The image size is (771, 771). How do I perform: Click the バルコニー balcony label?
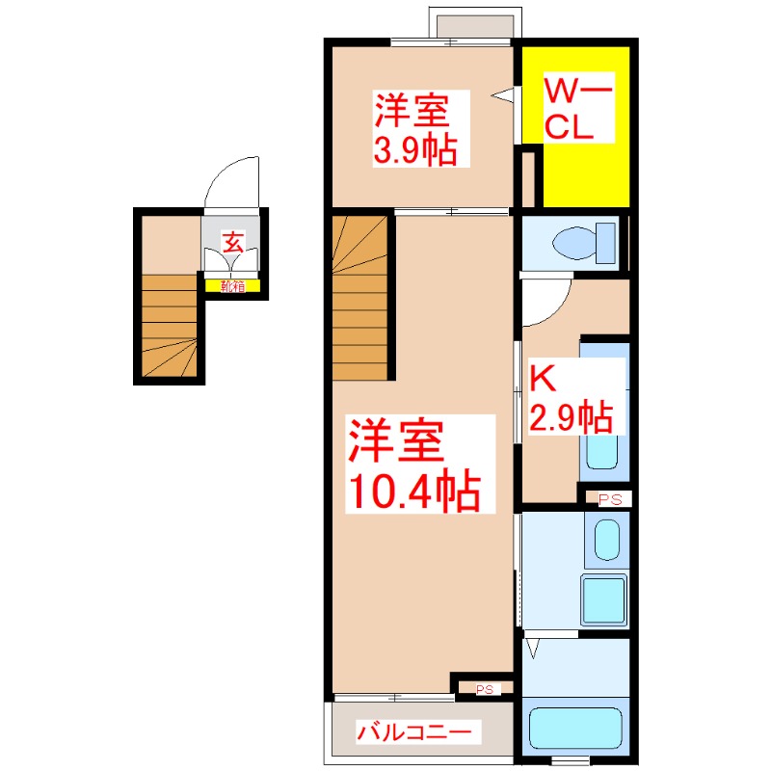click(415, 732)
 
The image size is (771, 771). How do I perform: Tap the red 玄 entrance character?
click(232, 242)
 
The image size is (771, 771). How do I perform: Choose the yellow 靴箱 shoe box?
click(232, 285)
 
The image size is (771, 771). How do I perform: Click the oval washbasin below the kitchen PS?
click(607, 540)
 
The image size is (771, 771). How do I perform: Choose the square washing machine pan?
click(603, 601)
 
